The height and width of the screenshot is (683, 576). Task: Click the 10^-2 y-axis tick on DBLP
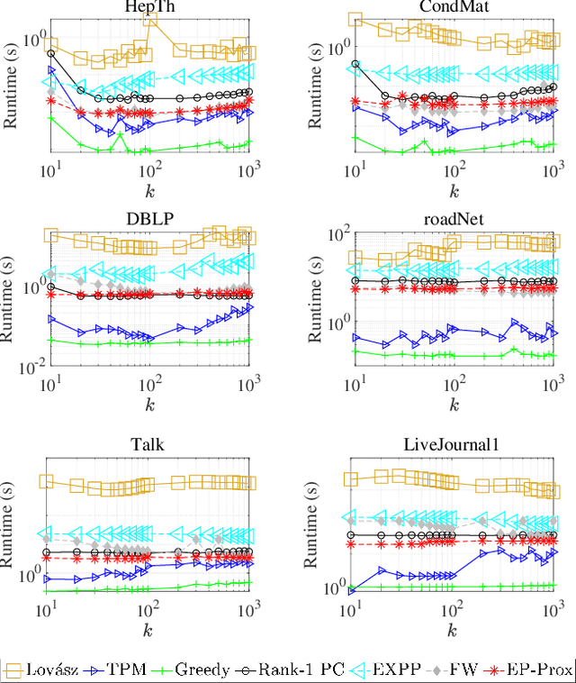[x=26, y=365]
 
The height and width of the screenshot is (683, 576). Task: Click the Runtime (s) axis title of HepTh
[x=12, y=86]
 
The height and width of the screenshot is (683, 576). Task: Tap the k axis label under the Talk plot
[x=149, y=628]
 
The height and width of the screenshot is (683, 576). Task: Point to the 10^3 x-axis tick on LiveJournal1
[x=552, y=610]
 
